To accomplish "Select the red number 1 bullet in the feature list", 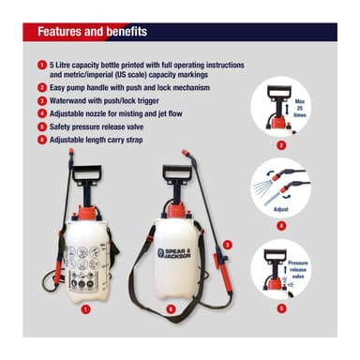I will click(x=42, y=64).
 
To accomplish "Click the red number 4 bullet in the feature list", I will click(x=42, y=112).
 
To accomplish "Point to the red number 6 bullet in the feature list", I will click(x=42, y=139).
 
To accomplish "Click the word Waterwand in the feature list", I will click(x=70, y=99).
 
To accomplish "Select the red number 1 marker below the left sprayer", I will click(x=85, y=306).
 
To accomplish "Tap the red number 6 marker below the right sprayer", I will click(x=170, y=306).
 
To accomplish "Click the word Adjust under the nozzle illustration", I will click(x=281, y=212).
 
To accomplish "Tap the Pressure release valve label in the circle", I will click(x=298, y=270).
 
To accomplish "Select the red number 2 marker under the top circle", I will click(x=282, y=144).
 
